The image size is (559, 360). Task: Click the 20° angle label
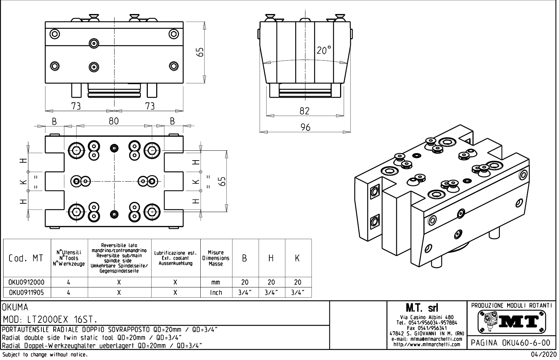pos(323,50)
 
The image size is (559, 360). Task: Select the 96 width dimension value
pos(305,127)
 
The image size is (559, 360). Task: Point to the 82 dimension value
pos(304,111)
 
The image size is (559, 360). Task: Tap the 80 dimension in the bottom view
pos(113,121)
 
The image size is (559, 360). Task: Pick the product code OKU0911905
pos(27,292)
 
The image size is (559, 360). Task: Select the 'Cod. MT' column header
pos(26,258)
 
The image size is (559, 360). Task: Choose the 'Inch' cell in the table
pos(216,292)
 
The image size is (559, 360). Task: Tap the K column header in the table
pos(297,258)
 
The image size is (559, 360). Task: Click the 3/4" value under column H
pos(271,292)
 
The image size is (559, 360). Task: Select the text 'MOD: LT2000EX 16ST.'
pos(50,320)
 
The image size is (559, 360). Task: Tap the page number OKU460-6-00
pos(511,342)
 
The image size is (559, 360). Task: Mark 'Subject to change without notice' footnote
pos(45,355)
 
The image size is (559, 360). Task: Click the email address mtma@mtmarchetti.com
pos(427,339)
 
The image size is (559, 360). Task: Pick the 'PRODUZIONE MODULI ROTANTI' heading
pos(511,305)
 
